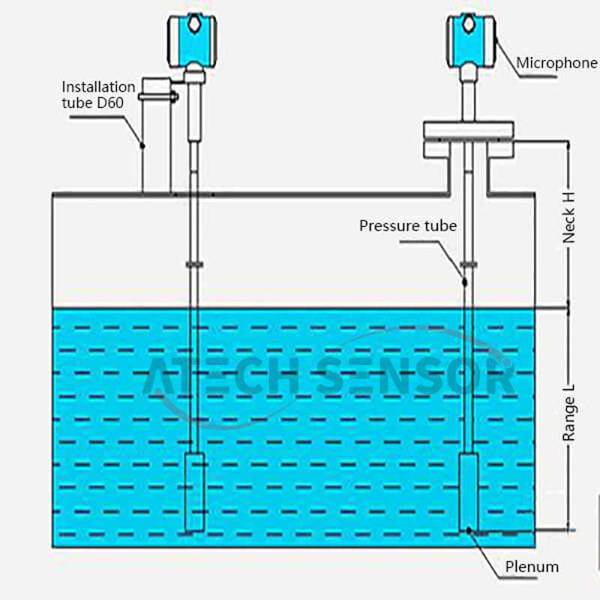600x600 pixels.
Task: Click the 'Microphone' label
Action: point(556,63)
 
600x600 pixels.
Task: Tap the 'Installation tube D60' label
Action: point(98,94)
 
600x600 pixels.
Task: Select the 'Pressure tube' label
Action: point(407,225)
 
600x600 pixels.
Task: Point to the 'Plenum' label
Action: point(532,567)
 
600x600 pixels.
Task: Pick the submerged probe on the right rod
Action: point(469,491)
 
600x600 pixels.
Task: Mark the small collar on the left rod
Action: point(194,264)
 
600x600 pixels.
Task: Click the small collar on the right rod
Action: point(469,264)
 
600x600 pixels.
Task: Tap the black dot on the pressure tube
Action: point(463,283)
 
